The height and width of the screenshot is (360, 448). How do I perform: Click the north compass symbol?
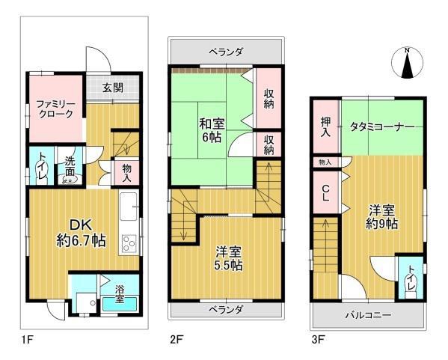tap(407, 63)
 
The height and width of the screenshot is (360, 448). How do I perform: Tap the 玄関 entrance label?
tap(113, 88)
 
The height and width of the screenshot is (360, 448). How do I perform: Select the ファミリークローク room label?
tap(56, 109)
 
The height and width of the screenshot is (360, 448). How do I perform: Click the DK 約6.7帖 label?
tap(81, 233)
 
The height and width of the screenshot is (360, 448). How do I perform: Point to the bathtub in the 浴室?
tap(120, 305)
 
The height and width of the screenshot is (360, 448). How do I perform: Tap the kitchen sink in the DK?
tap(129, 206)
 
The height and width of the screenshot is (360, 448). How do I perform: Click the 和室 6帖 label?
tap(212, 131)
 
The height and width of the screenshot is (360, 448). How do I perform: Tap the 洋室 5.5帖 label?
tap(229, 259)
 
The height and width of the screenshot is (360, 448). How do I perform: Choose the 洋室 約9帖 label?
tap(381, 217)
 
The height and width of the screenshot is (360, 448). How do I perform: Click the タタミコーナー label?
tap(382, 126)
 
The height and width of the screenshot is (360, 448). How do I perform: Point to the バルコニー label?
tap(368, 316)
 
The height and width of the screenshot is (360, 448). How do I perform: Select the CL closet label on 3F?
tap(325, 192)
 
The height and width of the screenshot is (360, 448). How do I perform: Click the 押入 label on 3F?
tap(325, 126)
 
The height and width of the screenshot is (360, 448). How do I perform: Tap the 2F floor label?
tap(177, 340)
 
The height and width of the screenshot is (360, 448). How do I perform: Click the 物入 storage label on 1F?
tap(127, 173)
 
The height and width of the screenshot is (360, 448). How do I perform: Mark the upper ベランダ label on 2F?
tap(226, 52)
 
